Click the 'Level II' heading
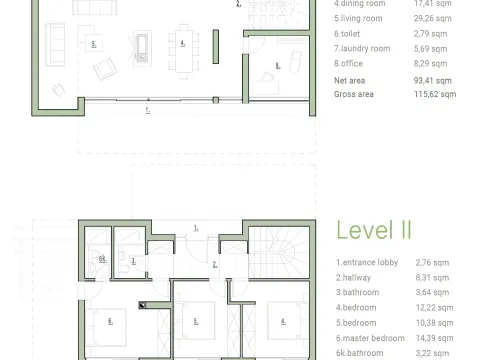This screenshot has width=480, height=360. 373,230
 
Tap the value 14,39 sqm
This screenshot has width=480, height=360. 437,339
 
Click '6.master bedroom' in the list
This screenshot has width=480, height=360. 367,339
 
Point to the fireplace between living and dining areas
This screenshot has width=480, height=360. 141,45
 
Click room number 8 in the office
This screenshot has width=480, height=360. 277,67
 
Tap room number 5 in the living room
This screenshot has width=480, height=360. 92,45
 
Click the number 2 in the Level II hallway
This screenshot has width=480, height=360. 214,265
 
